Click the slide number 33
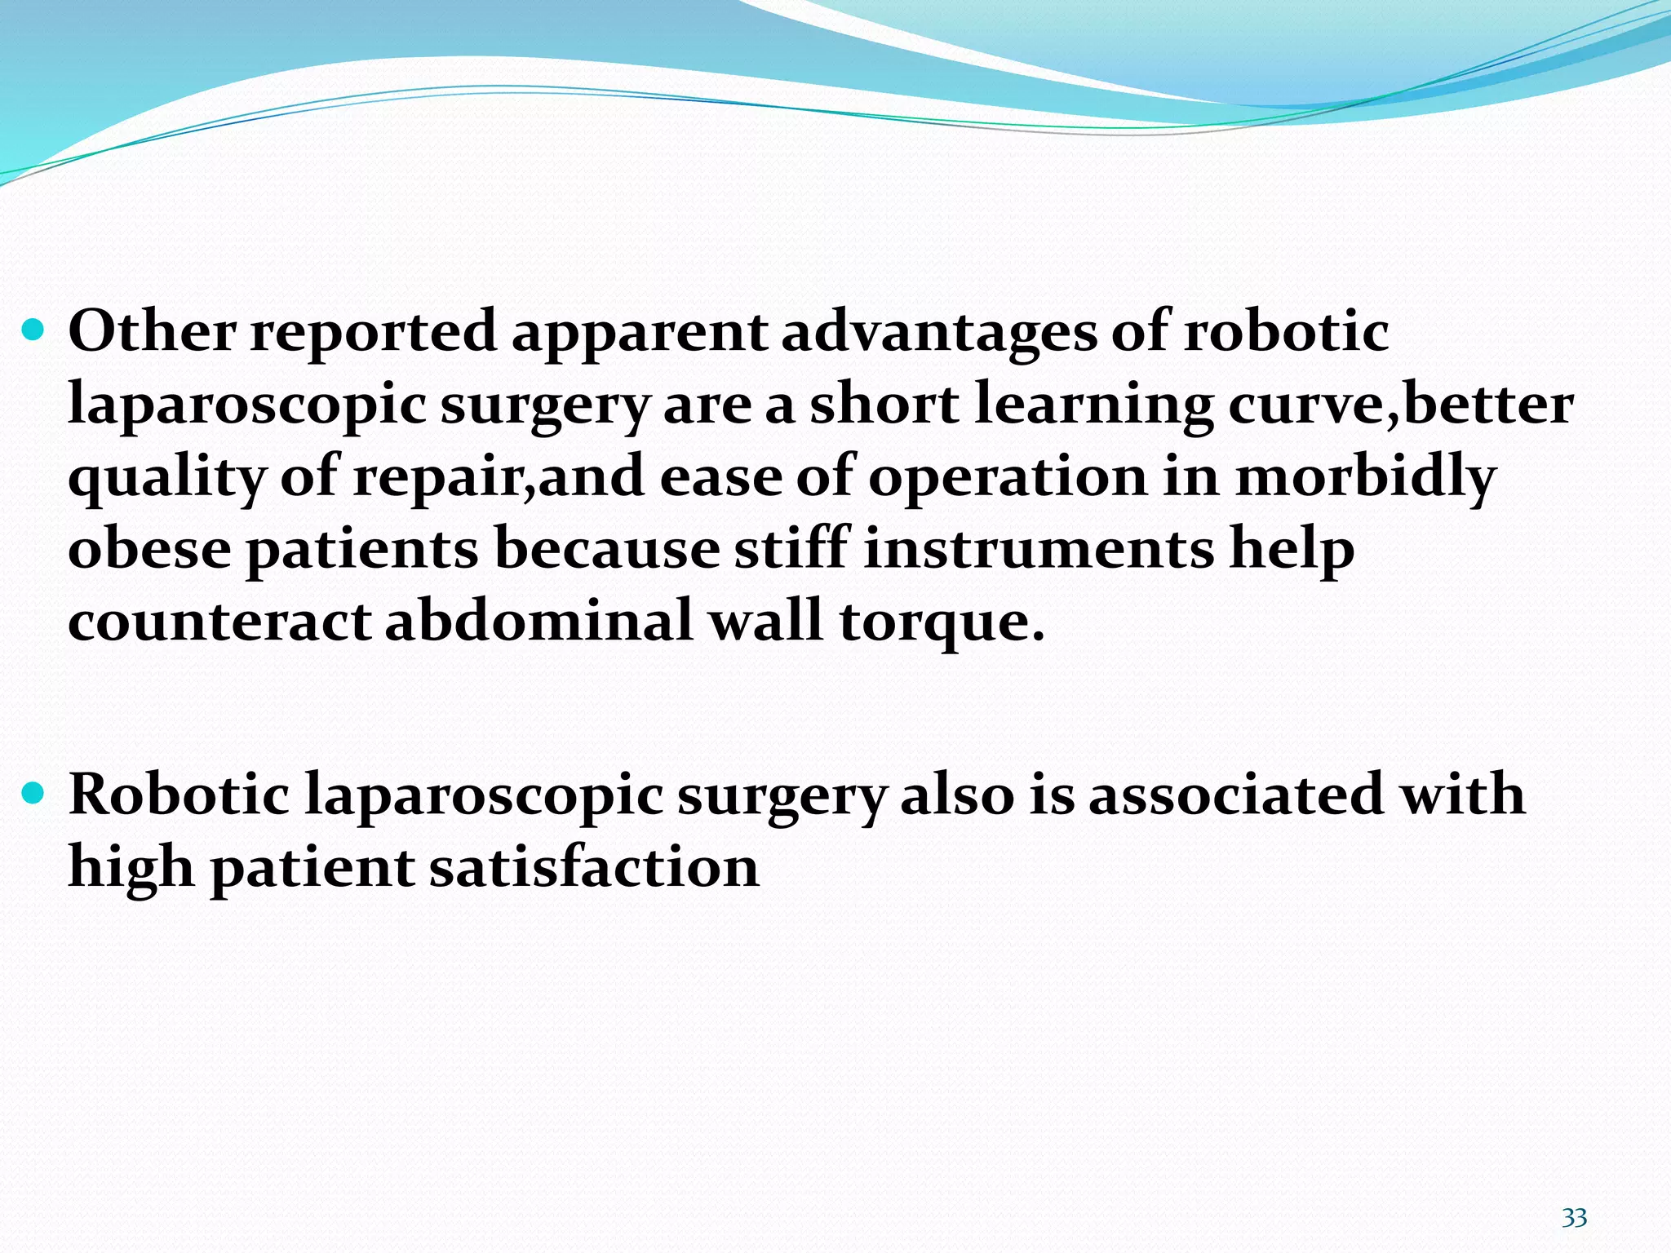(x=1574, y=1218)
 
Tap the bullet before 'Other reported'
(x=34, y=330)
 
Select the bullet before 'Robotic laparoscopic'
(x=34, y=791)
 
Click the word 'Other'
(x=152, y=332)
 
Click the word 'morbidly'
(x=1366, y=478)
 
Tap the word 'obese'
(x=149, y=550)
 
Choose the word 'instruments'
(x=1039, y=550)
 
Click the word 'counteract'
(x=219, y=622)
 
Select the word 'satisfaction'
(x=595, y=867)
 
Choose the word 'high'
(x=131, y=867)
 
